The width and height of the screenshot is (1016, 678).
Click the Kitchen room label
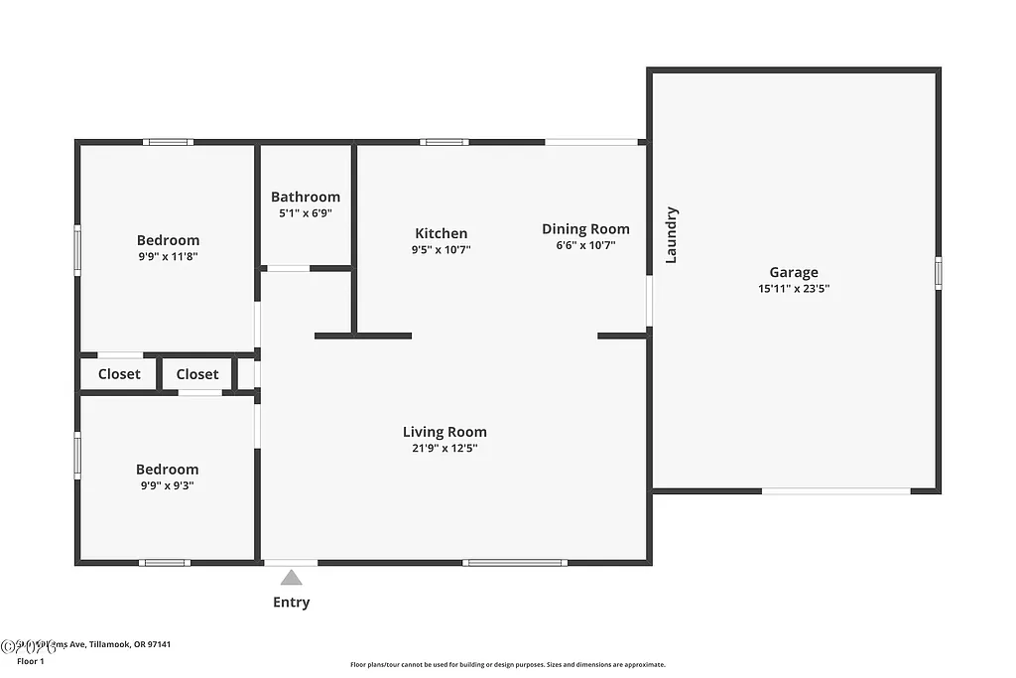click(x=441, y=233)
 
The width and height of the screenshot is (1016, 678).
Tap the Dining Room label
click(x=585, y=228)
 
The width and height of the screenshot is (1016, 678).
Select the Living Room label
click(x=444, y=431)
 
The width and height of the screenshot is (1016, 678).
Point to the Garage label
click(x=794, y=272)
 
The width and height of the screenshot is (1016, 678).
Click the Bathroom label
click(x=306, y=197)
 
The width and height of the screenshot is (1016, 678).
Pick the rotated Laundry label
click(x=671, y=234)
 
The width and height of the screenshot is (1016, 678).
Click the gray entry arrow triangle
click(x=291, y=577)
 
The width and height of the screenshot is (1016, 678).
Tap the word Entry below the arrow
click(x=291, y=602)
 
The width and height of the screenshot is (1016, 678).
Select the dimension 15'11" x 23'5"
click(x=794, y=289)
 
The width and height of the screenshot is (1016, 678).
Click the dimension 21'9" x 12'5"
click(x=444, y=448)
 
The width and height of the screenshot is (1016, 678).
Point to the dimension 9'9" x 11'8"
click(x=168, y=256)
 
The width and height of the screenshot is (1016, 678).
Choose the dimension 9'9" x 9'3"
click(x=168, y=485)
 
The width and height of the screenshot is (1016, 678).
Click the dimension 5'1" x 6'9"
click(x=306, y=213)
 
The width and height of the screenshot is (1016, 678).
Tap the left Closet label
click(x=119, y=374)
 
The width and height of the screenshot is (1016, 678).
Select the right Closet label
click(x=197, y=374)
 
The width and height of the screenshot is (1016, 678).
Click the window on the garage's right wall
click(x=938, y=273)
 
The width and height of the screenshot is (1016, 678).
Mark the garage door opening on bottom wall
click(x=835, y=490)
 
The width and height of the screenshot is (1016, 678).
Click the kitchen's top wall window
click(x=444, y=142)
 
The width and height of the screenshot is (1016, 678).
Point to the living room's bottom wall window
click(x=515, y=563)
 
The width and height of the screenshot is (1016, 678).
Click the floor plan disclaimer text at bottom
click(x=507, y=665)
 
